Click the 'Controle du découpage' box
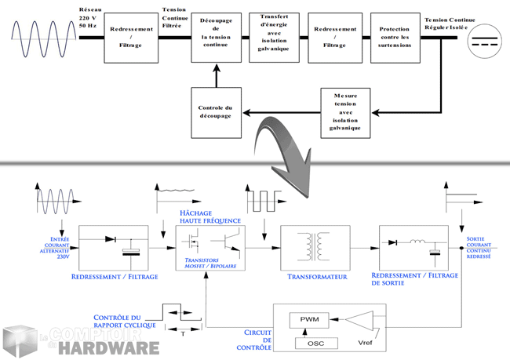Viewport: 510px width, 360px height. point(216,111)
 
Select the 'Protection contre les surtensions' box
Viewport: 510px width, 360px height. point(395,37)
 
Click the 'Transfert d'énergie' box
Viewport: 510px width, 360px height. point(274,37)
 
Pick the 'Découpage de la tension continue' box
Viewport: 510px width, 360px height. point(216,37)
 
